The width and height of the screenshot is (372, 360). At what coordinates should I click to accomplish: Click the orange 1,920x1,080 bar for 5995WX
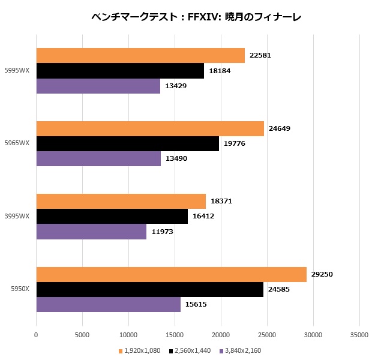pos(140,56)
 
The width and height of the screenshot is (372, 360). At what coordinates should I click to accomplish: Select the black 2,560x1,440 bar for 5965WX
pos(127,143)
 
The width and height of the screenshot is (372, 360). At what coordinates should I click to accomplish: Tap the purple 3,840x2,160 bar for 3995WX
pos(91,232)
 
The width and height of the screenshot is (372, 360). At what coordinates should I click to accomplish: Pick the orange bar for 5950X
pos(171,275)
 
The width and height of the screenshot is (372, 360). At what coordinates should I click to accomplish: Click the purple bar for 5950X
pos(108,305)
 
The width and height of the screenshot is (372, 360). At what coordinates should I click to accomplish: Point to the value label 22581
pos(261,56)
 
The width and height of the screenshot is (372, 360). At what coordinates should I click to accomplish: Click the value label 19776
pos(235,143)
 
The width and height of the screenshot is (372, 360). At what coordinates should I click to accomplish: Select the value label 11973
pos(163,232)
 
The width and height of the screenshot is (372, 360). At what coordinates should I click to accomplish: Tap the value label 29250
pos(322,275)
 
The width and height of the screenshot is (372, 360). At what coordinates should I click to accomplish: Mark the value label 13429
pos(176,86)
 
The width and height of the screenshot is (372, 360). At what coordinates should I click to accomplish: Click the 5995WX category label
pos(16,71)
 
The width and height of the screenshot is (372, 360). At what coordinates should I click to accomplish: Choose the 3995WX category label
pos(16,217)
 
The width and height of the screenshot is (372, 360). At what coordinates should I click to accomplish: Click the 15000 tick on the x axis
pos(175,335)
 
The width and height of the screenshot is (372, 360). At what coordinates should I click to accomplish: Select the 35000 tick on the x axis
pos(359,335)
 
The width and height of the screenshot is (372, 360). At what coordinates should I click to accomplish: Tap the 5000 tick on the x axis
pos(82,335)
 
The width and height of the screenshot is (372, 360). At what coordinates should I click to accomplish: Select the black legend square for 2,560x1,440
pos(171,350)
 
